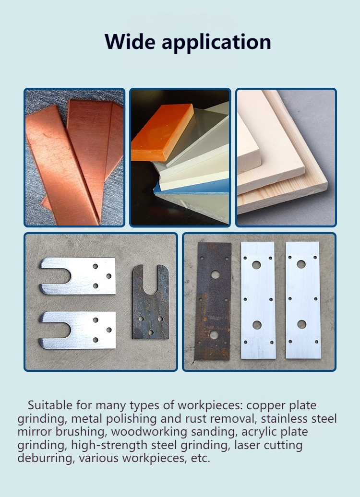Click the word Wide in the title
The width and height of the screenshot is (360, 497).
pos(130,41)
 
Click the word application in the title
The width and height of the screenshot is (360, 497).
pos(216,43)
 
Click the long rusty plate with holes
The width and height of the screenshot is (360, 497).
pos(213,301)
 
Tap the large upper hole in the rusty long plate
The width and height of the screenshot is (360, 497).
pos(216,274)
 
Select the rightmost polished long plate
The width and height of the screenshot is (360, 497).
pos(303,300)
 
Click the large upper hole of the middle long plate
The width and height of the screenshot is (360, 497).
pos(256,265)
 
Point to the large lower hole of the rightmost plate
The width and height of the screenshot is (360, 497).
pos(301,324)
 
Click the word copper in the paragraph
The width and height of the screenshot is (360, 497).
pos(266,406)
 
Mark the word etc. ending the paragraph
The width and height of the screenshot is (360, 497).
pos(201,459)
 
